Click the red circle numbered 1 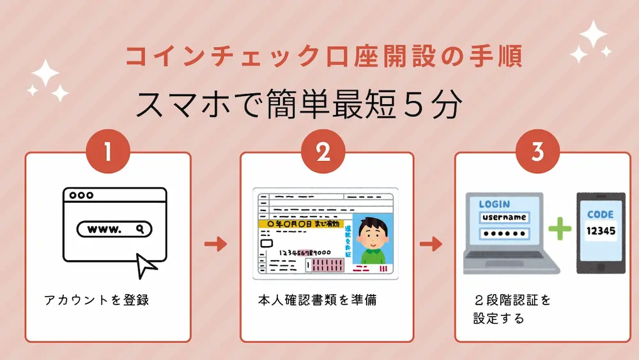coord(108,152)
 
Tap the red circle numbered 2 coord(323,152)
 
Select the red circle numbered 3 coord(537,152)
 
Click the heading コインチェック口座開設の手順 coord(323,57)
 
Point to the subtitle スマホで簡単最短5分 coord(298,105)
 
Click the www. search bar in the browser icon coord(114,228)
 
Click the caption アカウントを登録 coord(96,300)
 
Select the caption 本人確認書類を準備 coord(317,300)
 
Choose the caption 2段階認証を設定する coord(511,308)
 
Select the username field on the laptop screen coord(504,217)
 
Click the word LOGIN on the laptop coord(494,204)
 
